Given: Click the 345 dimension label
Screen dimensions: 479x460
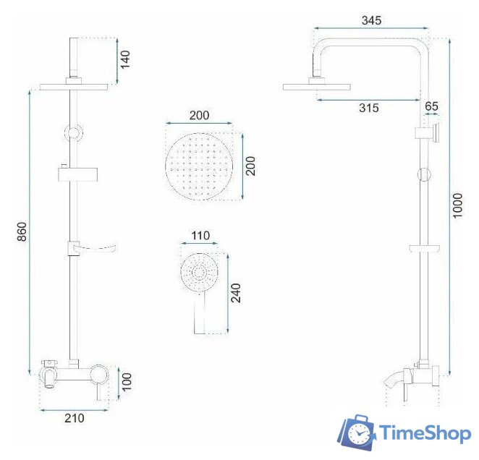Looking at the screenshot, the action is click(371, 20).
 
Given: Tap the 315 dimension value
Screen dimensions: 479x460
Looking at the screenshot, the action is click(369, 108).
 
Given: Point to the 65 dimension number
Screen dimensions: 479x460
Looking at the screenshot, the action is click(431, 106).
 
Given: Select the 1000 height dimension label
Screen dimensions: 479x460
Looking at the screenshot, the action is click(457, 205).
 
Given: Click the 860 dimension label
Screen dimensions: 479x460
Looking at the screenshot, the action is click(22, 231).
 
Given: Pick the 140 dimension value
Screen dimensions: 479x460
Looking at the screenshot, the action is click(125, 59).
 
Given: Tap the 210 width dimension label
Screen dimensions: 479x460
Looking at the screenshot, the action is click(75, 418).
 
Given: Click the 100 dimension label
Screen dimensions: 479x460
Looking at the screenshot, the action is click(127, 381).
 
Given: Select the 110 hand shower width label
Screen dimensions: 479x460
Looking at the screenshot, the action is click(200, 236).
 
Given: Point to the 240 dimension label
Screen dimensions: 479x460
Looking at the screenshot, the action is click(236, 293).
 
